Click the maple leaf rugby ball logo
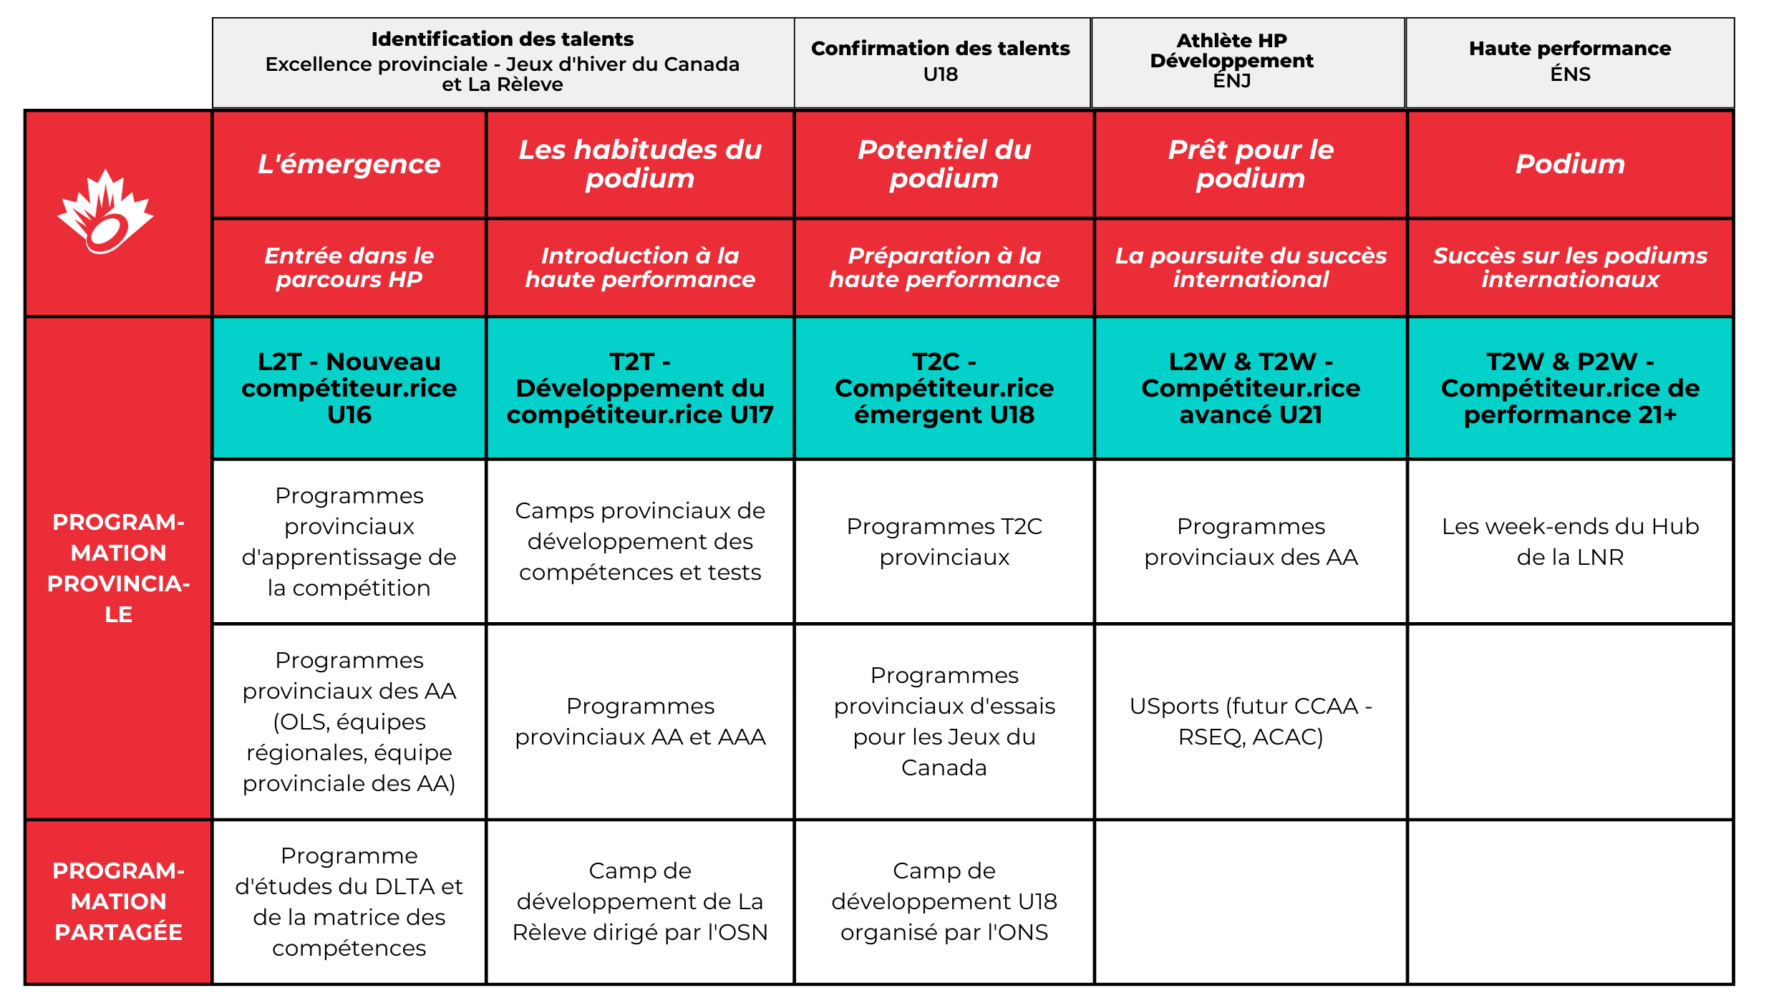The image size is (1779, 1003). point(105,213)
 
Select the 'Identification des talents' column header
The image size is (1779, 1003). point(503,62)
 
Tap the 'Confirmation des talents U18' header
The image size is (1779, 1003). point(940,62)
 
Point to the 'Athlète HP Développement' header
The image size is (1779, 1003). point(1231,61)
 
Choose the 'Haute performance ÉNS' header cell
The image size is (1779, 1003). point(1569,62)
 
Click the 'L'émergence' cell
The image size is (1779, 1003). point(349,164)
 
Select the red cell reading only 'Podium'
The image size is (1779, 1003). point(1570,164)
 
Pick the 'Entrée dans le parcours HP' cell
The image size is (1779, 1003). point(349,267)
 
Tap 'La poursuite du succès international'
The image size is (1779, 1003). point(1251,267)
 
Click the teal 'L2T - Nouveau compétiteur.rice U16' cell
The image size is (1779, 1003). point(349,388)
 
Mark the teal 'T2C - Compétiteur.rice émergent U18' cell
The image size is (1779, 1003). point(944,388)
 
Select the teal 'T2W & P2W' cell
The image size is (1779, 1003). point(1570,388)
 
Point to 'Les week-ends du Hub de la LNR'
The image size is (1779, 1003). point(1570,541)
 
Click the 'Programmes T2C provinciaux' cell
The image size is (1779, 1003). point(944,541)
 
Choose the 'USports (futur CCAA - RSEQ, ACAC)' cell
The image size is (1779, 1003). point(1251,721)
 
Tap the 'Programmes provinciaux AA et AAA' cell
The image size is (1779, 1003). point(640,721)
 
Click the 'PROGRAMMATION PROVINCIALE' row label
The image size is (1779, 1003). point(119,568)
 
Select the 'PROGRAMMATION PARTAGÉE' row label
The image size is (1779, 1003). point(119,901)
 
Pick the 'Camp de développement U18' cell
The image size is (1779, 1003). point(944,901)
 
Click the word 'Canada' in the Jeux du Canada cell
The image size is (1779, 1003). point(944,767)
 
